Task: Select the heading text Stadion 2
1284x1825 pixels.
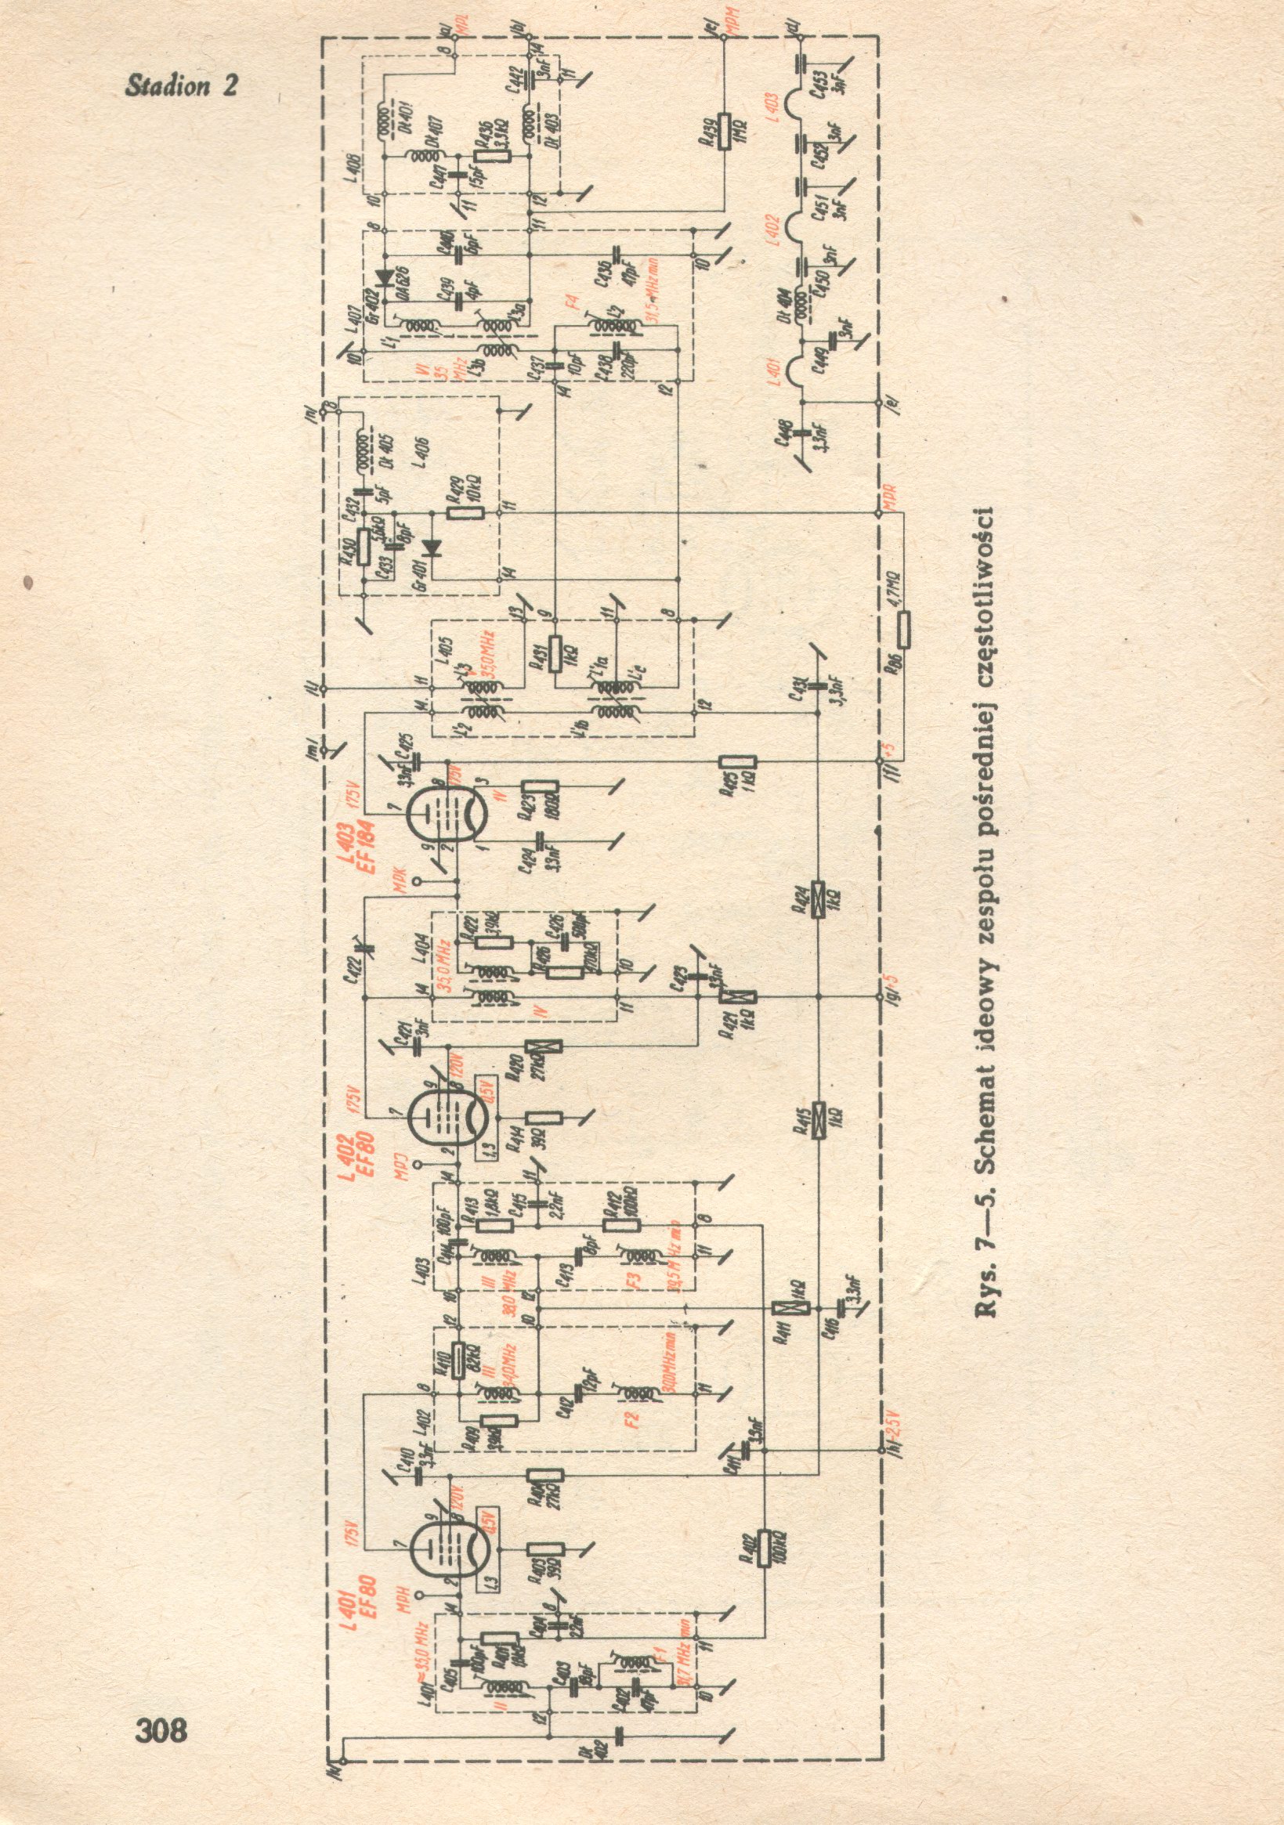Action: click(181, 86)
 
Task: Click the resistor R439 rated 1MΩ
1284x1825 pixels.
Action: click(725, 131)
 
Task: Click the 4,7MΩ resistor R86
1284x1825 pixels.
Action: click(904, 629)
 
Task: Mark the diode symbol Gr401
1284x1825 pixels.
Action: click(432, 547)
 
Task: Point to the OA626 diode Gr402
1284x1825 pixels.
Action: click(386, 278)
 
